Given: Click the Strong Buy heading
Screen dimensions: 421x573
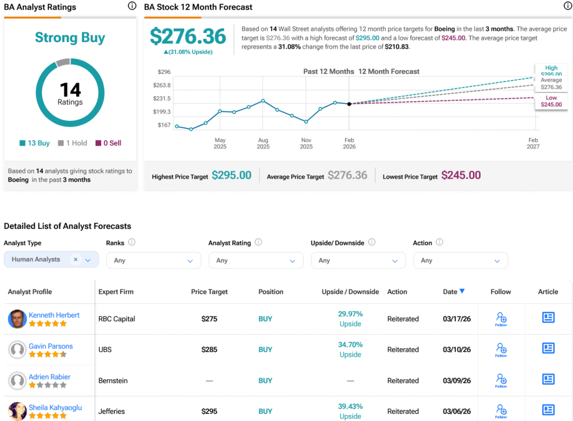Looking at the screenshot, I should (x=70, y=38).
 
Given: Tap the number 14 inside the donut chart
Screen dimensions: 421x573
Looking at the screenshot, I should (x=70, y=89).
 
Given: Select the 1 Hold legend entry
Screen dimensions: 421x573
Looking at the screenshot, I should (x=73, y=143).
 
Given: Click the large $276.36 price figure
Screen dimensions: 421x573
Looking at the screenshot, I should (x=188, y=36).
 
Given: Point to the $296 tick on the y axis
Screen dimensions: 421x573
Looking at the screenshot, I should (x=164, y=72).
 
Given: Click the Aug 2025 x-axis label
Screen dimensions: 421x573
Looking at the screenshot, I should (x=263, y=143).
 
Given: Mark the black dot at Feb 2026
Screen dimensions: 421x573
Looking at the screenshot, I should (x=349, y=104).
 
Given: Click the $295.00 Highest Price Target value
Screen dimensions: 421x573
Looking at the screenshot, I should (x=231, y=175).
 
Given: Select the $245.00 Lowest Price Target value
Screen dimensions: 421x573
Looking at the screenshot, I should (x=461, y=175).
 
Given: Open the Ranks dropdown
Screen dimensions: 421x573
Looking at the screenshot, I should (x=153, y=260).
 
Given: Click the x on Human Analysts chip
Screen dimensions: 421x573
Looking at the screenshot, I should (x=76, y=259).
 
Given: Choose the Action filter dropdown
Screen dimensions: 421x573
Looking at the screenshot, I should (x=460, y=260).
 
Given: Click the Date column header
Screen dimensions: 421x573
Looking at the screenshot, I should (x=453, y=292).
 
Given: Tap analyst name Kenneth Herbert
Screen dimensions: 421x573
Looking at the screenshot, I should (x=54, y=315).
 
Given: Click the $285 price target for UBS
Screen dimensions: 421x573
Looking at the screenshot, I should (x=209, y=349).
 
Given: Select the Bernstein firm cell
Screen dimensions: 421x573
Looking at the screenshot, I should (x=113, y=381).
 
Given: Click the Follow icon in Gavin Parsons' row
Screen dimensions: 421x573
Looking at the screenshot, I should (x=501, y=350).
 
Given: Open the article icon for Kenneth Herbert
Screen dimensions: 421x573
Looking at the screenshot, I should (x=548, y=318).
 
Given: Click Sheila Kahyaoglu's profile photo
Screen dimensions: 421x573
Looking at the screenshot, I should (x=17, y=411).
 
